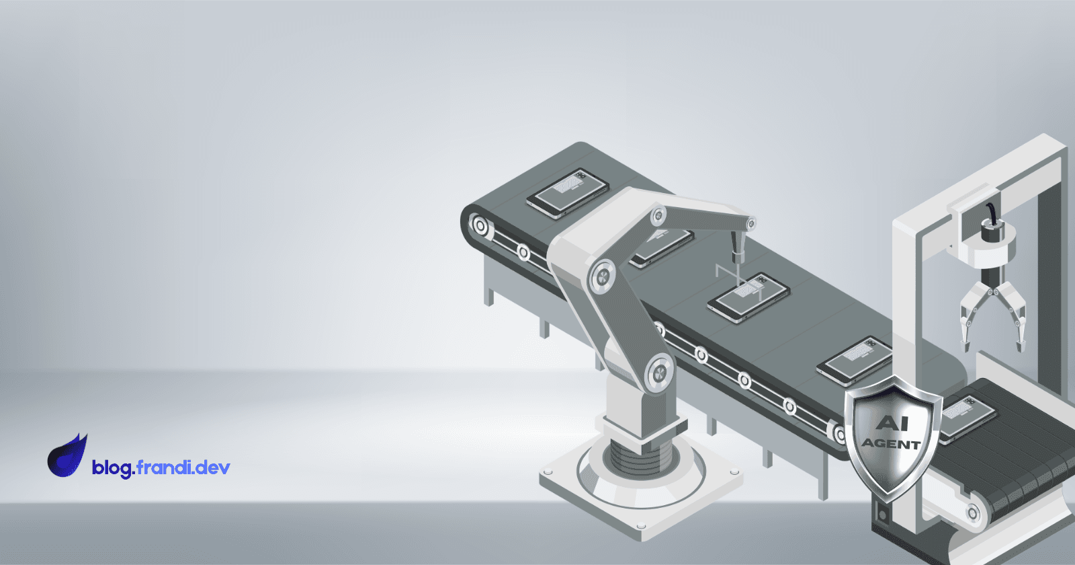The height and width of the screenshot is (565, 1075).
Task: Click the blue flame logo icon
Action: (67, 457)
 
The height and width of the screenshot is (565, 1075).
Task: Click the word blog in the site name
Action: (114, 468)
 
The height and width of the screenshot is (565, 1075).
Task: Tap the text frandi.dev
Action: (183, 467)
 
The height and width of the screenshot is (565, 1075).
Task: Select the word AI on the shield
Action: (892, 423)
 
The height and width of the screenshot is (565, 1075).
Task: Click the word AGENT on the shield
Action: (891, 443)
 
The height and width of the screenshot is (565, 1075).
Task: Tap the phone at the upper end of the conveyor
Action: (568, 193)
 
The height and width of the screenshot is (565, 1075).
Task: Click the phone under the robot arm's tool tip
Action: (748, 298)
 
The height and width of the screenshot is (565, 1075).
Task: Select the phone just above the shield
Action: (854, 361)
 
